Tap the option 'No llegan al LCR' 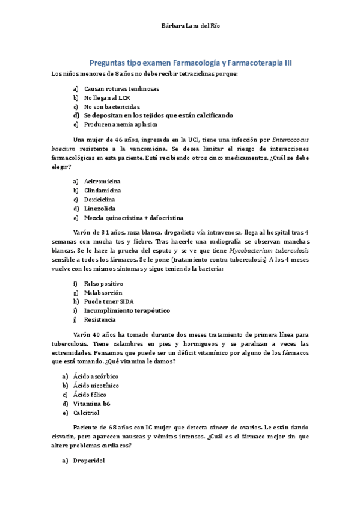106,97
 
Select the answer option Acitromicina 102,181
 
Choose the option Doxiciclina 100,199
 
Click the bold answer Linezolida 100,208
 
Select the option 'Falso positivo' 103,283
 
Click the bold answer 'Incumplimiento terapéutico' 127,310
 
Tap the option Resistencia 100,319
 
